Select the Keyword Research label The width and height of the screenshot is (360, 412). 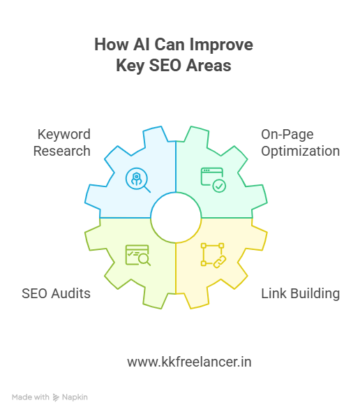62,142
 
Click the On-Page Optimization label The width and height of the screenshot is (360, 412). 301,142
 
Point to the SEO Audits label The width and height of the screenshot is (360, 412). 56,293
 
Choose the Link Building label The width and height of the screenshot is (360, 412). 301,293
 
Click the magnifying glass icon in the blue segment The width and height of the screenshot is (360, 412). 138,180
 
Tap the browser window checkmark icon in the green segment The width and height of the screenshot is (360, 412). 213,180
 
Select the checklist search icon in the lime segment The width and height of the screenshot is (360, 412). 138,255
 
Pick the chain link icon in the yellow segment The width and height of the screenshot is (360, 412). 213,256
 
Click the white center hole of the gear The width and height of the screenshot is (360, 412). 176,218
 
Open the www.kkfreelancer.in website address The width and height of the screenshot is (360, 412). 189,362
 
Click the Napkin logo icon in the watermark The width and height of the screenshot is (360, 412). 56,397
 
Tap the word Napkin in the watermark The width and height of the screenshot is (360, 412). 75,397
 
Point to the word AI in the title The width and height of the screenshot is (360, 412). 142,44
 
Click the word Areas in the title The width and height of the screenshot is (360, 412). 209,65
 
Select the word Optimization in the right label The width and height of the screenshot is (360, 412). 301,152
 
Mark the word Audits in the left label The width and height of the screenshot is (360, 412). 71,293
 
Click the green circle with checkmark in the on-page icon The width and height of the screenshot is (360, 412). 219,186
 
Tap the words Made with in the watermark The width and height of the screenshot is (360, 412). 31,397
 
